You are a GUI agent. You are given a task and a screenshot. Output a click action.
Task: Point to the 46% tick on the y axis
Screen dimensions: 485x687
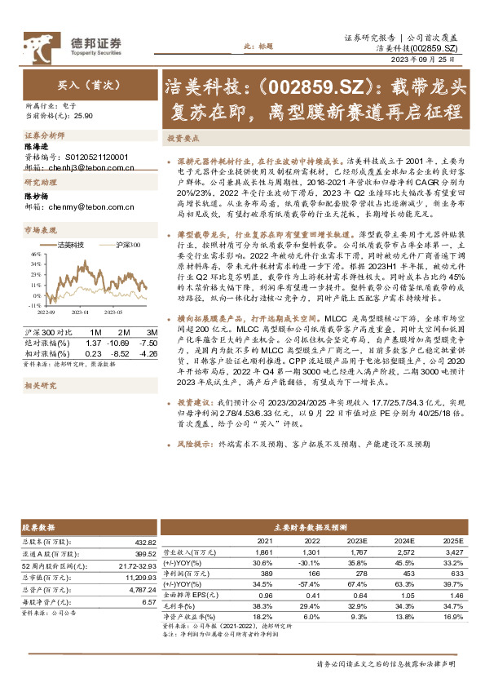coord(37,254)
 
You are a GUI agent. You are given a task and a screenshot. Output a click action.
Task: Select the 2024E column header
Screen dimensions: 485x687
coord(405,540)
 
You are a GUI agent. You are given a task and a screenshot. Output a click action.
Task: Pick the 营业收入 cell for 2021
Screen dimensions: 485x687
coord(265,552)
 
